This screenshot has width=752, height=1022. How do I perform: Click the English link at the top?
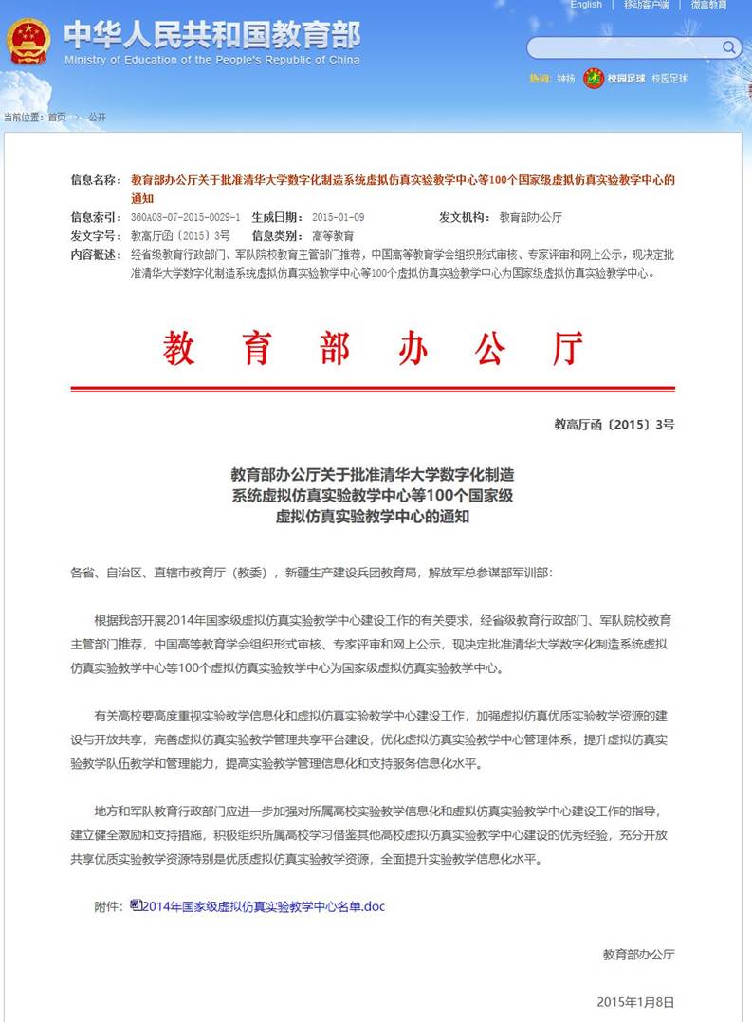(x=586, y=5)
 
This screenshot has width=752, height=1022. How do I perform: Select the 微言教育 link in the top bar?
(x=708, y=5)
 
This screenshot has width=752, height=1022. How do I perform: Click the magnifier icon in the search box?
(x=729, y=47)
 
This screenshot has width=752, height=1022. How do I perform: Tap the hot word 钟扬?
(x=565, y=79)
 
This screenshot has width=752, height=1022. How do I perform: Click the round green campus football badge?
(x=594, y=78)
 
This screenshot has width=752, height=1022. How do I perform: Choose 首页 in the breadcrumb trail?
(x=57, y=118)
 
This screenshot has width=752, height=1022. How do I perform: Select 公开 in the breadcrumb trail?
(x=97, y=118)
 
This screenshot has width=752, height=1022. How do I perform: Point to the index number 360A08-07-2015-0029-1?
(x=186, y=217)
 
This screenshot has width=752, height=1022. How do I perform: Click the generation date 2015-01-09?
(x=338, y=217)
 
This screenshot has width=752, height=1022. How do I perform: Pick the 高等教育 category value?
(x=333, y=236)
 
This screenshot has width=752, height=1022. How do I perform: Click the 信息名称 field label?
(x=96, y=179)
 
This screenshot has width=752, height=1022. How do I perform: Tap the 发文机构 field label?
(x=464, y=217)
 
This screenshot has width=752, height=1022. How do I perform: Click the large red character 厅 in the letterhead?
(x=567, y=349)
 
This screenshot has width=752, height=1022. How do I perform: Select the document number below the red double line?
(x=614, y=425)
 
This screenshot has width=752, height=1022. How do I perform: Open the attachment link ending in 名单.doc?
(x=264, y=906)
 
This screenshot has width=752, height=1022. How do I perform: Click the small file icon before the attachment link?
(x=136, y=905)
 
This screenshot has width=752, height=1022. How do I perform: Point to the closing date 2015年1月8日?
(x=635, y=1002)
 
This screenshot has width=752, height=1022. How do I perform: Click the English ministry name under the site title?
(x=212, y=60)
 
